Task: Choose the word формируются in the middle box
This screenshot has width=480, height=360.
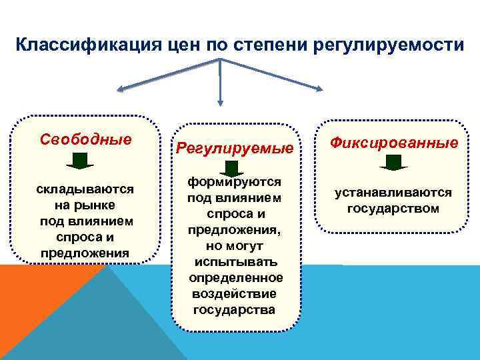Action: [234, 182]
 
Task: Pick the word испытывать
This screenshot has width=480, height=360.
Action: [234, 261]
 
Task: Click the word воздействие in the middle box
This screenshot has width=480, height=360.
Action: [234, 293]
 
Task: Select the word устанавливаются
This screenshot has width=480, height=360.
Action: [393, 193]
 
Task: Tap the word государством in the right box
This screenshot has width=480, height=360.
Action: [393, 209]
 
